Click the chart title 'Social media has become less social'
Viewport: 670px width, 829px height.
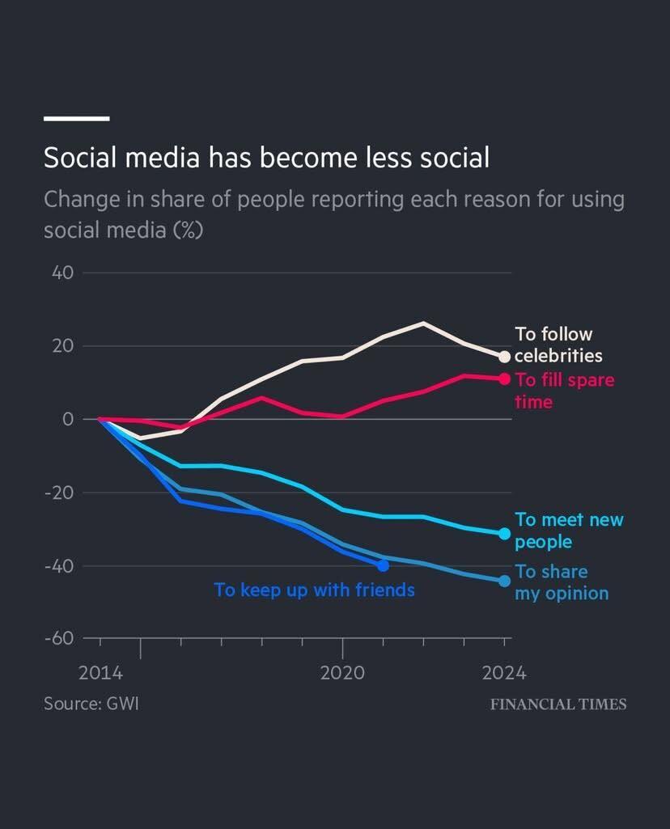[x=266, y=157]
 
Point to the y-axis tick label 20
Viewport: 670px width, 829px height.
[x=65, y=346]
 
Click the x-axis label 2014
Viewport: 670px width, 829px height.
[x=100, y=673]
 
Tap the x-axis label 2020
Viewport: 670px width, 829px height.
[x=342, y=673]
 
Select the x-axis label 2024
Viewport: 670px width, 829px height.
[x=504, y=673]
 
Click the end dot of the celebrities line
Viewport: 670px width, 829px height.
[x=505, y=357]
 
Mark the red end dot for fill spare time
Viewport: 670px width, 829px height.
[x=505, y=379]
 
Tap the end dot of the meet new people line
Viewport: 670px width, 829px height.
[x=505, y=533]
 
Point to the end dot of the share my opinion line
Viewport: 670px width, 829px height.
[x=505, y=581]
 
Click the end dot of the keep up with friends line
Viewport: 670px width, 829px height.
[x=383, y=565]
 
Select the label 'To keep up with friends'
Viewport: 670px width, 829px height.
[x=314, y=590]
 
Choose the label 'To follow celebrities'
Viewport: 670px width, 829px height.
[x=558, y=345]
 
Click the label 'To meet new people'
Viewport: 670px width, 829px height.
[x=569, y=531]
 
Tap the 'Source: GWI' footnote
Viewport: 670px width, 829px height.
[x=91, y=703]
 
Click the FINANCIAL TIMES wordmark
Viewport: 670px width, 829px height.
[x=558, y=704]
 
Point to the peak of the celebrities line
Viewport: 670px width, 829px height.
[x=423, y=323]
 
